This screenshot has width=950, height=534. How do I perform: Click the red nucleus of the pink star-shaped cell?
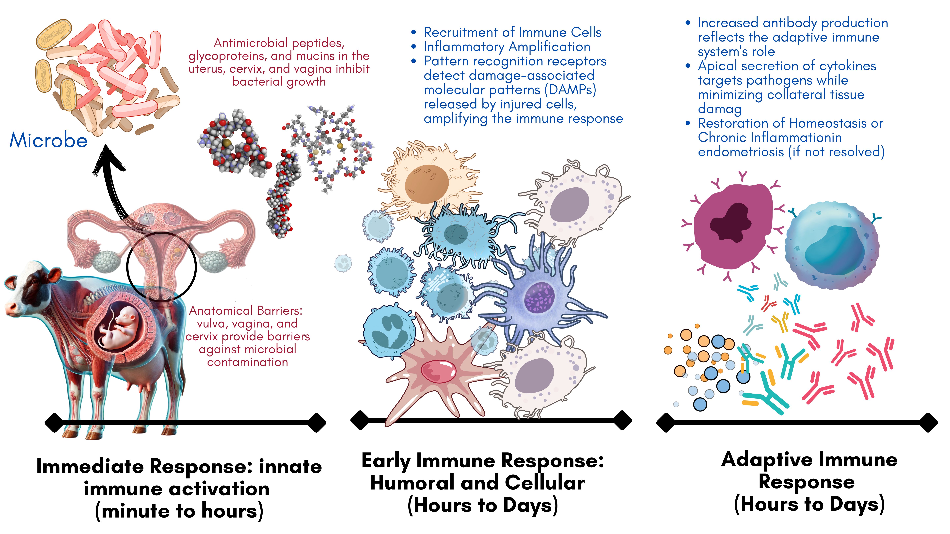coord(438,371)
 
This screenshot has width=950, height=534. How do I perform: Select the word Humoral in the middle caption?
coord(412,483)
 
